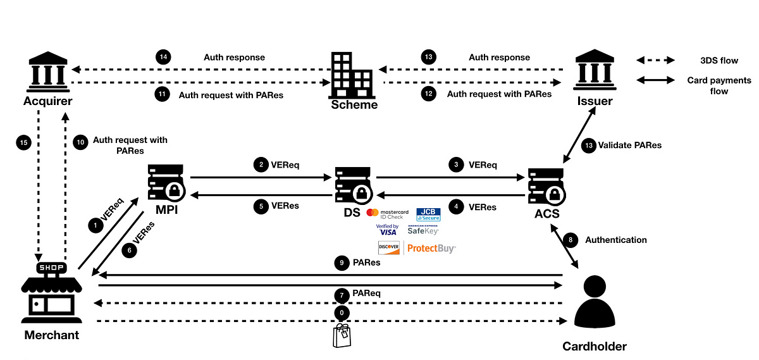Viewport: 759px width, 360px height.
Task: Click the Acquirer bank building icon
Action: pyautogui.click(x=48, y=72)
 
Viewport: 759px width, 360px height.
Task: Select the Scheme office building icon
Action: pyautogui.click(x=353, y=75)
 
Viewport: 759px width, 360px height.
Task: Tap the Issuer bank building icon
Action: pyautogui.click(x=595, y=70)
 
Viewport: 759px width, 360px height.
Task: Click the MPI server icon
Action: pyautogui.click(x=166, y=183)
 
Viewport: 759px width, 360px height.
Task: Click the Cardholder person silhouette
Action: pyautogui.click(x=595, y=302)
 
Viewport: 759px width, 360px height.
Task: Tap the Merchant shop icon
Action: pyautogui.click(x=51, y=292)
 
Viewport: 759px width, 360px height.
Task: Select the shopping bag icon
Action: pyautogui.click(x=342, y=335)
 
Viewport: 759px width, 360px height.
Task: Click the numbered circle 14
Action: pyautogui.click(x=163, y=57)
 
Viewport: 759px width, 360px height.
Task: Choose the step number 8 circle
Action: pyautogui.click(x=571, y=240)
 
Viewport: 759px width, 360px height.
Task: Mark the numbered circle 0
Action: pyautogui.click(x=342, y=313)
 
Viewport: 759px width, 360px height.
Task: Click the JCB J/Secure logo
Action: pyautogui.click(x=428, y=214)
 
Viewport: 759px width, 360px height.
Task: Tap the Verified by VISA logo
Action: pyautogui.click(x=387, y=230)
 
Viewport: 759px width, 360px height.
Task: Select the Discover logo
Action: pyautogui.click(x=388, y=248)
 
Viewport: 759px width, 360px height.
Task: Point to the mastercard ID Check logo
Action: pyautogui.click(x=388, y=214)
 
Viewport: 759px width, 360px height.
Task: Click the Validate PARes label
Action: pyautogui.click(x=629, y=145)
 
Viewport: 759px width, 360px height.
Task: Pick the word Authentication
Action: pyautogui.click(x=616, y=240)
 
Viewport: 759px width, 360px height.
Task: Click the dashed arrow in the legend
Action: pyautogui.click(x=655, y=60)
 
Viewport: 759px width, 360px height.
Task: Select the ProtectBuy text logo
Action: pyautogui.click(x=431, y=249)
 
